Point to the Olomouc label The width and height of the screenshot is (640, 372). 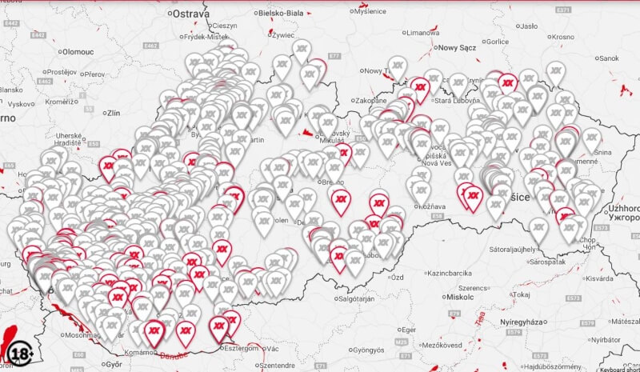[78, 50]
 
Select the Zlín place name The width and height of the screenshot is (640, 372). [112, 113]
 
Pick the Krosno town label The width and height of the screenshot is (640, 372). [562, 37]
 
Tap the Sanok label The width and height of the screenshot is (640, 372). [609, 58]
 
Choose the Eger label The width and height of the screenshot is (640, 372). [408, 329]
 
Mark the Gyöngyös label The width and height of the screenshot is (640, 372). [369, 350]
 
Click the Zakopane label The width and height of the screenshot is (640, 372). [370, 101]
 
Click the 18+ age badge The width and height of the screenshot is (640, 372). [20, 352]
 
